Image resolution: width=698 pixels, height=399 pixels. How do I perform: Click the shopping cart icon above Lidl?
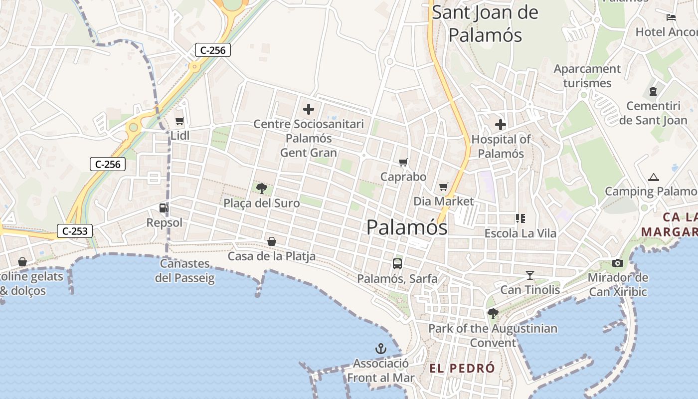[x=180, y=121]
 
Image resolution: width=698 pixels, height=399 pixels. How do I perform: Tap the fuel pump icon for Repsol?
[x=164, y=208]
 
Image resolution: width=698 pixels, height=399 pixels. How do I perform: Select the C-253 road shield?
[x=75, y=231]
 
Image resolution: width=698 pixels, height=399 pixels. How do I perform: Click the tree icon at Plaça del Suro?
[x=261, y=189]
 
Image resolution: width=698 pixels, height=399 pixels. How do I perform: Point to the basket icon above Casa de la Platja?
[x=272, y=241]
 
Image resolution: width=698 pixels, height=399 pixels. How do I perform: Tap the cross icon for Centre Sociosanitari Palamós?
[x=309, y=109]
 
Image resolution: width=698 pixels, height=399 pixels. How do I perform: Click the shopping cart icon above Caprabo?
[x=403, y=162]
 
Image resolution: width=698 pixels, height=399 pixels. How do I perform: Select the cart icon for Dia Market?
[x=444, y=187]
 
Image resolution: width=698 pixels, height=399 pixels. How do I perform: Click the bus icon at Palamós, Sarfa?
[x=397, y=264]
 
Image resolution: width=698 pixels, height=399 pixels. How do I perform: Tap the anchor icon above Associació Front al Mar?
[x=381, y=349]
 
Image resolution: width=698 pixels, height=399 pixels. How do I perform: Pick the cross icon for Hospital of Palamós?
[x=500, y=125]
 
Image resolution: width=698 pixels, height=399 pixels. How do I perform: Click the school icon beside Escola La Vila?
[x=521, y=218]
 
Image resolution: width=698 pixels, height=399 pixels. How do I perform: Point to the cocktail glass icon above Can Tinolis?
[x=529, y=275]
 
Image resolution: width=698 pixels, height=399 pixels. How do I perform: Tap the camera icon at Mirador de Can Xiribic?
[x=618, y=263]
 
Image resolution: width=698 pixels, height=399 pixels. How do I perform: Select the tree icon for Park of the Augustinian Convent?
[x=493, y=314]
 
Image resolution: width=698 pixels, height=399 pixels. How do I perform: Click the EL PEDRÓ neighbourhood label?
[x=462, y=369]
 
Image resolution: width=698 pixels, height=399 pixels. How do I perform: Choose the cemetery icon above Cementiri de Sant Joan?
[x=653, y=91]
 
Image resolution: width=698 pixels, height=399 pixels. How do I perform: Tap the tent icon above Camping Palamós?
[x=653, y=177]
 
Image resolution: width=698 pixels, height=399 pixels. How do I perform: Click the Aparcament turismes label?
[x=587, y=76]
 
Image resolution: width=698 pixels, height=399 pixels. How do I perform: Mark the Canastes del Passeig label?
[x=184, y=270]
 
